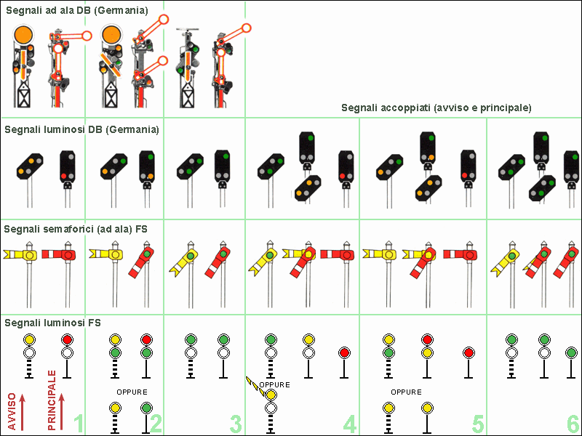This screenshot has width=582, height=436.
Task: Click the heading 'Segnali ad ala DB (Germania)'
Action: coord(77,12)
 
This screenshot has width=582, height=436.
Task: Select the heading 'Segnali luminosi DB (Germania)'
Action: coord(81,129)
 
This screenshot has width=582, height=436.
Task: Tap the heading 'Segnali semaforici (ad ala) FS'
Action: coord(76,229)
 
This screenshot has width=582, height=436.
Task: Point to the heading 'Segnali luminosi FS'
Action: coord(53,322)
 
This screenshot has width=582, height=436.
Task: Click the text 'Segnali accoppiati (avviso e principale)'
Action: coord(436,108)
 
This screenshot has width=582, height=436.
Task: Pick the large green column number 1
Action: coord(79,422)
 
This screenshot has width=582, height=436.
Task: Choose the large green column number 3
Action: coord(234,422)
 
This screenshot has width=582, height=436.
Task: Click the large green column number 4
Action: coord(350,422)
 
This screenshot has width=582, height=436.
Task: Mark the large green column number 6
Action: coord(573,422)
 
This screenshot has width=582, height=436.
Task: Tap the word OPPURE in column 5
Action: coord(406,392)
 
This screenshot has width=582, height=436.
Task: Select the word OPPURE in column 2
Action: coord(131,392)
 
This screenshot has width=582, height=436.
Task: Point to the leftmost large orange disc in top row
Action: coord(24,33)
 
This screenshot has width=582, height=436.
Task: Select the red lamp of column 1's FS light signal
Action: coord(68,339)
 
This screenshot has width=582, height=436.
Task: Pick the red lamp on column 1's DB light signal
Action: coord(65,176)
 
